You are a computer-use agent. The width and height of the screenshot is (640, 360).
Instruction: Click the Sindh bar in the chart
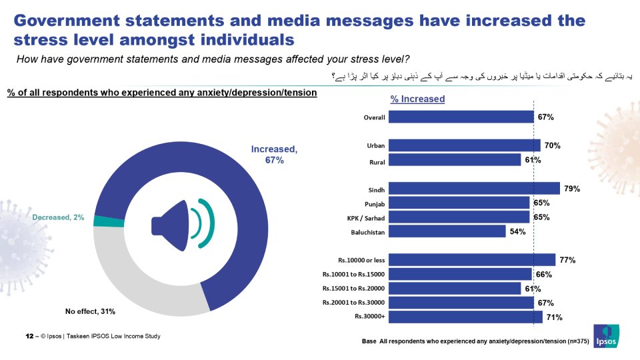coord(473,189)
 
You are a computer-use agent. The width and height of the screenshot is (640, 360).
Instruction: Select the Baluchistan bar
coord(447,231)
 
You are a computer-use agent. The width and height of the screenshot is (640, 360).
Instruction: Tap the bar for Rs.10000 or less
coord(471,260)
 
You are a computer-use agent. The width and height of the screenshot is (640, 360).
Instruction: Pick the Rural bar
coord(454,160)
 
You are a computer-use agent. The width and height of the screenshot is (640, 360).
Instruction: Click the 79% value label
coord(572,189)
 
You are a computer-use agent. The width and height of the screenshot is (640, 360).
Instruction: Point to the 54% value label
coord(518,232)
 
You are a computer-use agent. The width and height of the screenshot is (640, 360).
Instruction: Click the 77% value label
coord(567,260)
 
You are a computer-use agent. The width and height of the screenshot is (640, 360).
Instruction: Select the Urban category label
coord(376,145)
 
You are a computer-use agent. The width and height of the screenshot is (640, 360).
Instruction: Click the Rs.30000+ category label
coord(370,317)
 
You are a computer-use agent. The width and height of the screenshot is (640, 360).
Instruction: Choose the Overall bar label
coord(375,117)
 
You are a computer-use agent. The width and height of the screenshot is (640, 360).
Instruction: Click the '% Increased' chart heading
coord(417,99)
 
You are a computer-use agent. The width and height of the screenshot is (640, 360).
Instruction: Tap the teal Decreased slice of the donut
coord(99,221)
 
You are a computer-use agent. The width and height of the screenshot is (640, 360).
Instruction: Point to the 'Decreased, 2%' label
coord(59,218)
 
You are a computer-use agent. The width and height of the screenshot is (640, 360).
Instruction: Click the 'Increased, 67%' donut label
coord(274,155)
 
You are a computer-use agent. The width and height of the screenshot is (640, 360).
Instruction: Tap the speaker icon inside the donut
coord(182,223)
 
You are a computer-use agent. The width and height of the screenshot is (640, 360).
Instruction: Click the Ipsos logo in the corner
coord(606,335)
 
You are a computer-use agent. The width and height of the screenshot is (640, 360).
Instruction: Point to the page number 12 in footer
coord(29,336)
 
